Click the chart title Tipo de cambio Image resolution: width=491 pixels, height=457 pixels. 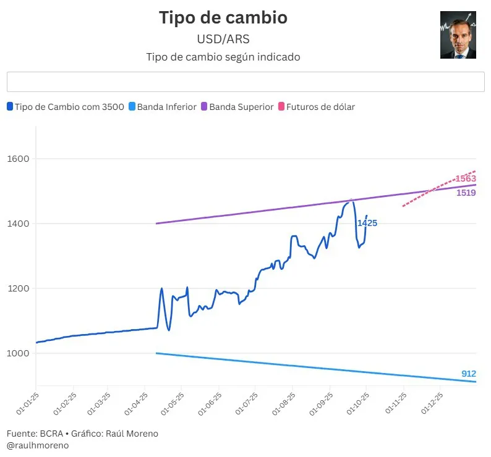click(223, 17)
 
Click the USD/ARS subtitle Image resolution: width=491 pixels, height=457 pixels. click(223, 39)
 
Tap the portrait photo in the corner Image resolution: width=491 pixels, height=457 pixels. click(458, 35)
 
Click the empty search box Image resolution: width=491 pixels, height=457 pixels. click(246, 82)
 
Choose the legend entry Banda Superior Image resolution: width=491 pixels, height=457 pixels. click(237, 107)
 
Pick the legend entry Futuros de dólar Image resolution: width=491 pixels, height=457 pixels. click(316, 107)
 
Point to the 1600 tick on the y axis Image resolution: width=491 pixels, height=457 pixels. click(19, 159)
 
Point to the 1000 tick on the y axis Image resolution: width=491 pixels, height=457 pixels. click(19, 353)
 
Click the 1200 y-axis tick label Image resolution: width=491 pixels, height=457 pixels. click(19, 288)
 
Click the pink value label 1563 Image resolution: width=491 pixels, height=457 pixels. click(466, 178)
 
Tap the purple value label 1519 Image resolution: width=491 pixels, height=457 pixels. click(466, 193)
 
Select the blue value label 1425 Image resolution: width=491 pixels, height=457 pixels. click(367, 223)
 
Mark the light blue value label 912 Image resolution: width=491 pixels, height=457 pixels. click(469, 374)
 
